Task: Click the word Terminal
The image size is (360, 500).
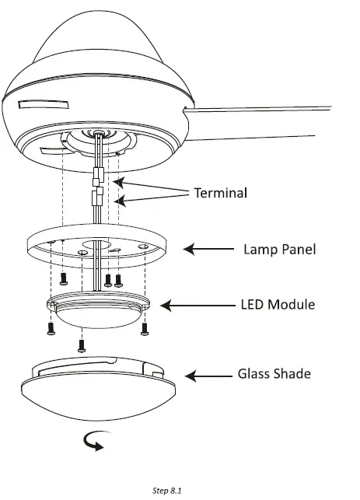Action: pos(221,193)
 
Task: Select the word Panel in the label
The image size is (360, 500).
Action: pos(297,249)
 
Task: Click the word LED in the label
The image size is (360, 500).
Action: pos(252,304)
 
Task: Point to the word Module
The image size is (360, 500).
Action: pos(291,304)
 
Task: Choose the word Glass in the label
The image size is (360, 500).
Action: pos(253,373)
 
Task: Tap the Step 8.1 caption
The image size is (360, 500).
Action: pos(166,491)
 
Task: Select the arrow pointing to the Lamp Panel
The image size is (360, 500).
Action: pos(208,249)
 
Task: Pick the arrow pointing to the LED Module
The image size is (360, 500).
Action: pos(197,306)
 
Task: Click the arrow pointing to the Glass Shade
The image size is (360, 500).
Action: pos(208,376)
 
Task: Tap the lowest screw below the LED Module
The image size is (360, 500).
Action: pos(82,346)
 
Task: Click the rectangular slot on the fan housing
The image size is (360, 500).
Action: pos(44,105)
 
